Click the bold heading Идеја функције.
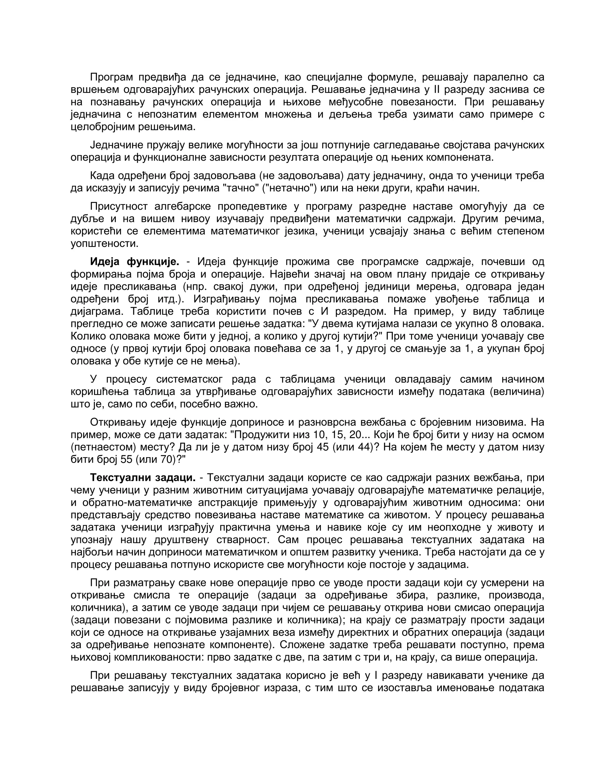pos(134,262)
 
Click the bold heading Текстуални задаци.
pos(143,478)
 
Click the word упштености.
pos(104,243)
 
